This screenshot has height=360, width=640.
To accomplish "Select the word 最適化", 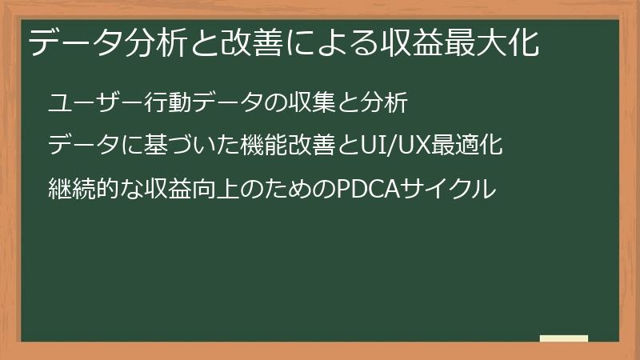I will pos(472,147).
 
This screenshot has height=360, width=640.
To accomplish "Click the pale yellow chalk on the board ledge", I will pos(564,338).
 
